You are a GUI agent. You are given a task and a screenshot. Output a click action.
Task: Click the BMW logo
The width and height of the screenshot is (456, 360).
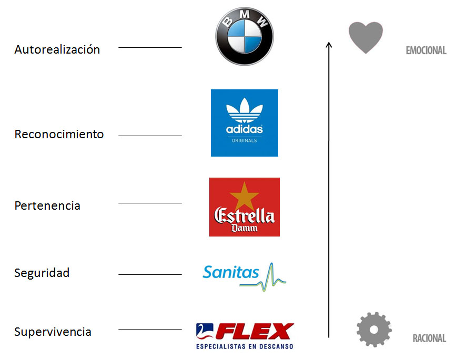click(245, 36)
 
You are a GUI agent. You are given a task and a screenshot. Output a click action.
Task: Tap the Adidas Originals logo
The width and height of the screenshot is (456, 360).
click(245, 123)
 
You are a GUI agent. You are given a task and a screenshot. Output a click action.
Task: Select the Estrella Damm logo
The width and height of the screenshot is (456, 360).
click(245, 207)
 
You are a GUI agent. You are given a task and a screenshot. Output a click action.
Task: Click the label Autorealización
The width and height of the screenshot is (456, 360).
click(57, 50)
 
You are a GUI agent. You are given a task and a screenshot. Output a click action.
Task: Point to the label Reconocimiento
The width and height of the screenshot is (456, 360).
click(59, 135)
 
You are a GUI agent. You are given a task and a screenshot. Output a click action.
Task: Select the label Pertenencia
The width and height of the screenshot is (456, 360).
click(47, 205)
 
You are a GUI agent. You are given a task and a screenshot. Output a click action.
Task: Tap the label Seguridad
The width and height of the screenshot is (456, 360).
click(42, 273)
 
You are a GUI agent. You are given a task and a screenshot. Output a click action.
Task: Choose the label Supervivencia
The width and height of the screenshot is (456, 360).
click(53, 332)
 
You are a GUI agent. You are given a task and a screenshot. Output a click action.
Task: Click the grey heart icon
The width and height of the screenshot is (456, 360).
click(366, 37)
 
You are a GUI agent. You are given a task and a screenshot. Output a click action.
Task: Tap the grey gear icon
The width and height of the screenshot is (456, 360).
click(374, 330)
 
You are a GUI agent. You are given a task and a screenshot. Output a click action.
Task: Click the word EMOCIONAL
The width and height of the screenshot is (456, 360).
click(425, 51)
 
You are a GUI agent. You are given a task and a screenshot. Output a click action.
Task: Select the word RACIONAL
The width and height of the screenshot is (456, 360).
click(429, 338)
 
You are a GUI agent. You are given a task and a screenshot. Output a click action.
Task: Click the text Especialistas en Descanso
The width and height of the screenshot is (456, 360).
click(245, 347)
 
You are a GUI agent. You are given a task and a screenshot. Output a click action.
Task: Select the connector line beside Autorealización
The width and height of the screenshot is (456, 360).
click(150, 48)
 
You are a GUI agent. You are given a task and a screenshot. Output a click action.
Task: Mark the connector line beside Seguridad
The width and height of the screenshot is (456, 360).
click(150, 274)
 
